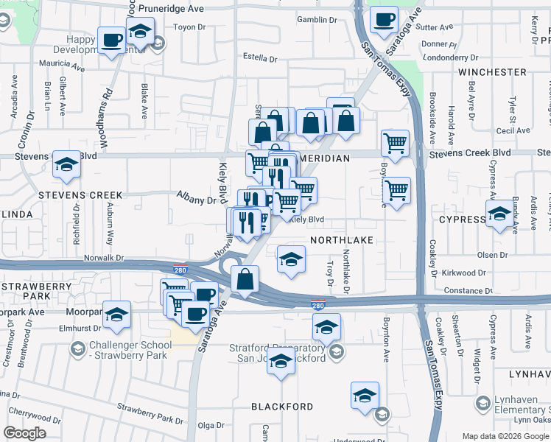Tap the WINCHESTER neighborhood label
[x=492, y=72]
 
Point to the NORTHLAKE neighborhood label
[x=342, y=240]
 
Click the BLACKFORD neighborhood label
[x=282, y=407]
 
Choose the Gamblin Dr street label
[x=317, y=19]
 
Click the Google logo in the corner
[x=24, y=433]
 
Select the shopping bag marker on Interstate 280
[x=245, y=279]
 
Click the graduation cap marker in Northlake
[x=291, y=260]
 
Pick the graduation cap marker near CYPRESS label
[x=499, y=213]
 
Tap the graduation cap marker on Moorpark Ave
[x=116, y=315]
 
